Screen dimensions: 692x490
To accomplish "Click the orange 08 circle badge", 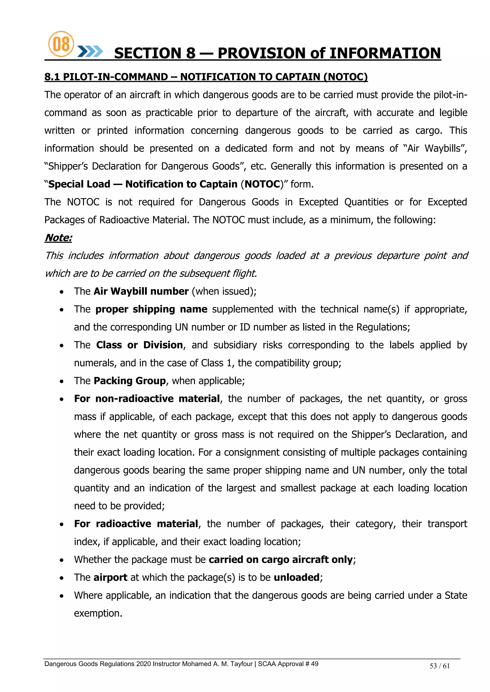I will pos(61,44).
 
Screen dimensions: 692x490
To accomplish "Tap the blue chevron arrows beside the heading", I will pos(90,52).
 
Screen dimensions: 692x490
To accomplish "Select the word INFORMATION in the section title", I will pos(385,53).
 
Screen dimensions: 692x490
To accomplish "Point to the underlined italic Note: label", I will pos(58,238).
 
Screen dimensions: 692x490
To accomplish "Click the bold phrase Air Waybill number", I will pos(141,291).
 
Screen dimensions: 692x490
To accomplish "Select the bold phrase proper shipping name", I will pos(151,309).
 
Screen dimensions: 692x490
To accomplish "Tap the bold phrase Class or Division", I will pos(139,345).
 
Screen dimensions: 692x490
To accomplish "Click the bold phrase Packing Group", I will pos(130,381).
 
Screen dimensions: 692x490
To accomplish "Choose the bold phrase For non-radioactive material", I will pos(147,399).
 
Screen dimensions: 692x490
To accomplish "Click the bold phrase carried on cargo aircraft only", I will pos(281,560).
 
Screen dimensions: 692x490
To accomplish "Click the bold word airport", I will pos(111,578).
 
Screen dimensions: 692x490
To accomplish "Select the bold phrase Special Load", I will pos(79,184).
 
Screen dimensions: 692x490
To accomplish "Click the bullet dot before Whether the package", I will pos(61,560).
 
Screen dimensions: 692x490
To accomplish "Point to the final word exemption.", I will pos(98,613).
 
